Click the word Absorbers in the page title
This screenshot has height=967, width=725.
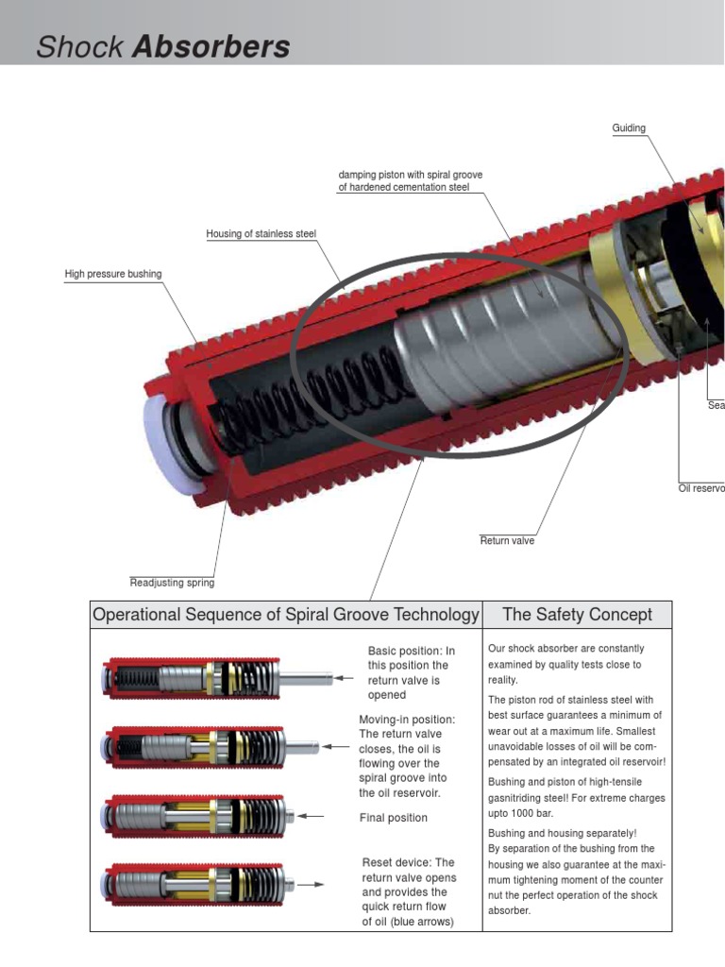click(x=211, y=47)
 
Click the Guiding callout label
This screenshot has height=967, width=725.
click(x=629, y=128)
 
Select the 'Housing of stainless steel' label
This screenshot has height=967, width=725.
click(x=261, y=234)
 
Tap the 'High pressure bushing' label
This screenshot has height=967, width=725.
click(x=112, y=274)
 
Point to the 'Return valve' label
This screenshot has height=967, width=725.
click(x=507, y=541)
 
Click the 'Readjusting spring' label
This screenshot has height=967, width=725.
click(x=172, y=583)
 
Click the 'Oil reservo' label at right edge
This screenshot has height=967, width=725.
click(x=701, y=488)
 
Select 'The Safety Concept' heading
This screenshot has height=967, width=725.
click(x=577, y=615)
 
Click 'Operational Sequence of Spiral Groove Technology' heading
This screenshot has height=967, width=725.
click(x=286, y=615)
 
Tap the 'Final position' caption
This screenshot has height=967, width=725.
click(x=393, y=818)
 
